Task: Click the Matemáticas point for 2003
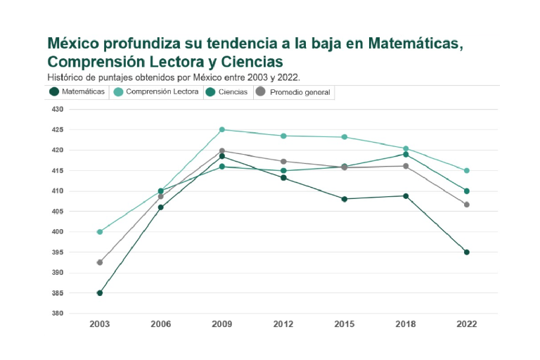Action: pos(100,293)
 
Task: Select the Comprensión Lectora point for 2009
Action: pos(222,129)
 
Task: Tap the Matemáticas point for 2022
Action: pos(466,252)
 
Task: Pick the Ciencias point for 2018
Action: pos(406,154)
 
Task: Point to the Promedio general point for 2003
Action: pos(100,262)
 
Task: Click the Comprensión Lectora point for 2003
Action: pos(100,231)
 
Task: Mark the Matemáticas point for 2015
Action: pos(345,199)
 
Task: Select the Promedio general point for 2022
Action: pos(466,205)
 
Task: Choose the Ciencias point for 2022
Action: pos(466,191)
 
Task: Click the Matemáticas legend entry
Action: pos(77,91)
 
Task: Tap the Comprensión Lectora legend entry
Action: pos(156,91)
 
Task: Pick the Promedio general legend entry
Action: pos(293,92)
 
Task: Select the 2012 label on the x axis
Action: pos(283,324)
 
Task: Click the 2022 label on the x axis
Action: pos(466,324)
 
